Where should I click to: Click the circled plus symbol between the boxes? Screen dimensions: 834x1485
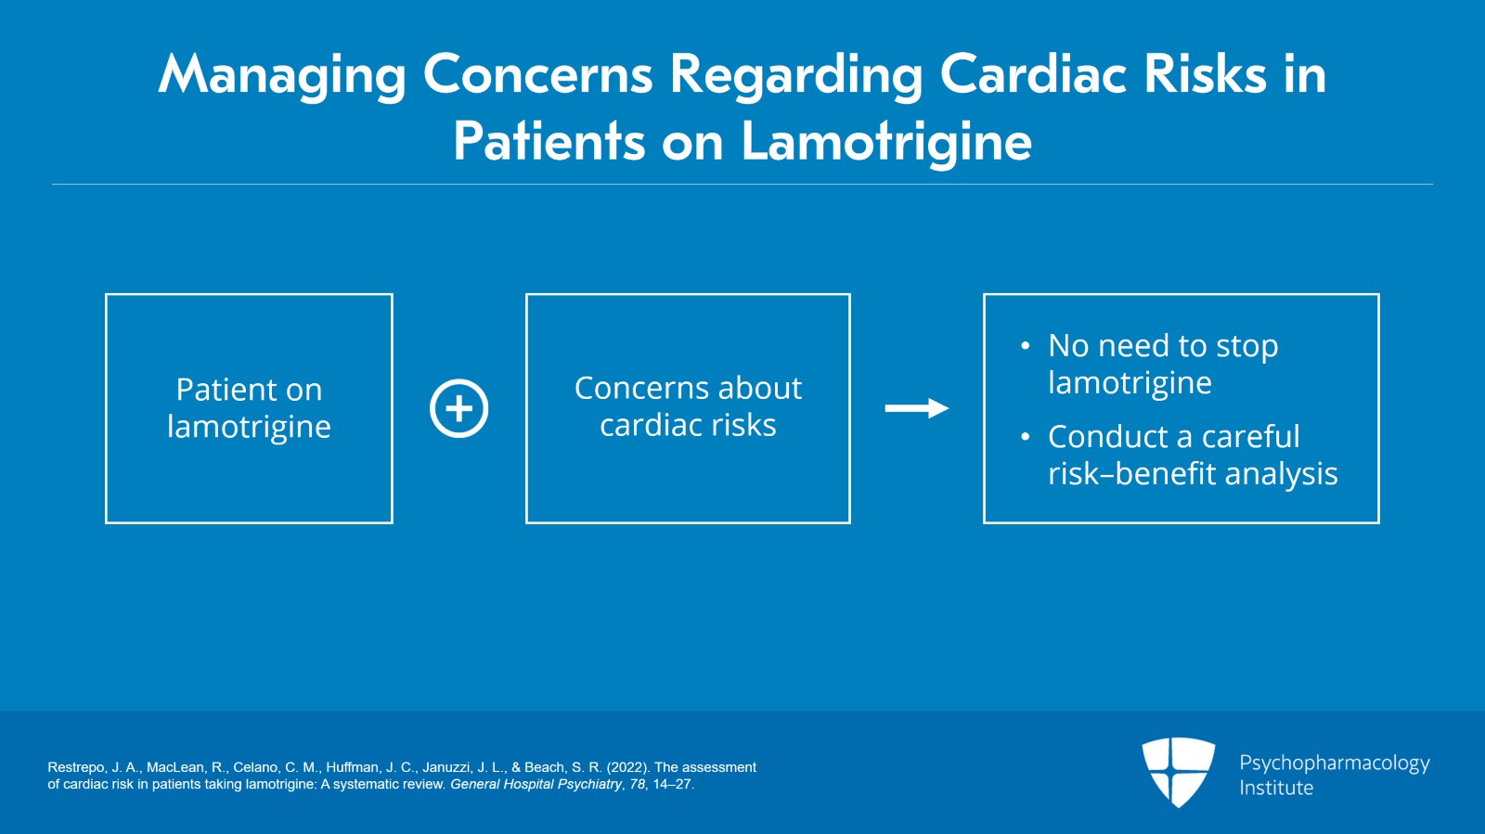(458, 408)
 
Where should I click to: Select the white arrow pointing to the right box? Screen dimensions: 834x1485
(916, 408)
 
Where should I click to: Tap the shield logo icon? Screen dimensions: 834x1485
(1178, 771)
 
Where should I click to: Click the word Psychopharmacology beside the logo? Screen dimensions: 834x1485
(1334, 763)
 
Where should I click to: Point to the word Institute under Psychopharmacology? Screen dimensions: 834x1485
(1276, 788)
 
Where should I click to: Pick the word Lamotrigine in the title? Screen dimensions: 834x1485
(886, 142)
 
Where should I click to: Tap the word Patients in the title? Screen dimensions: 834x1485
(549, 142)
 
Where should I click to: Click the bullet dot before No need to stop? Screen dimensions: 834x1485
(1025, 346)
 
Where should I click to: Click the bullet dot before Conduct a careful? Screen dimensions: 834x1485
(1025, 437)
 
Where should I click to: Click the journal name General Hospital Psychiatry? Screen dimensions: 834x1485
(536, 784)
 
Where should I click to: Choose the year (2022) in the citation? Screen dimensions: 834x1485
(628, 767)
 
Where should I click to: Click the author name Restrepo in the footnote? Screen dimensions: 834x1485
(76, 767)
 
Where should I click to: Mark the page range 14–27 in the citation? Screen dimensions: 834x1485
(672, 784)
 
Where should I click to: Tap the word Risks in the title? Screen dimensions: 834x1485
(1205, 74)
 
